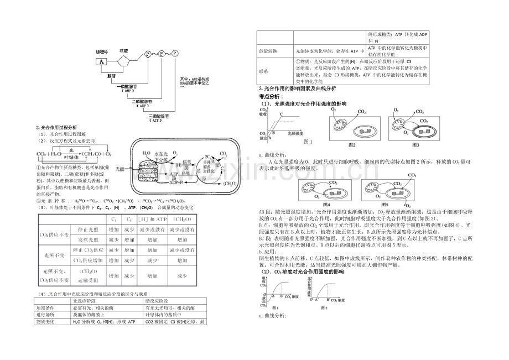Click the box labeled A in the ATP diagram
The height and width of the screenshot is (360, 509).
coord(101,61)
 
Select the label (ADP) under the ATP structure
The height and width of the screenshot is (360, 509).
coord(141,107)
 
